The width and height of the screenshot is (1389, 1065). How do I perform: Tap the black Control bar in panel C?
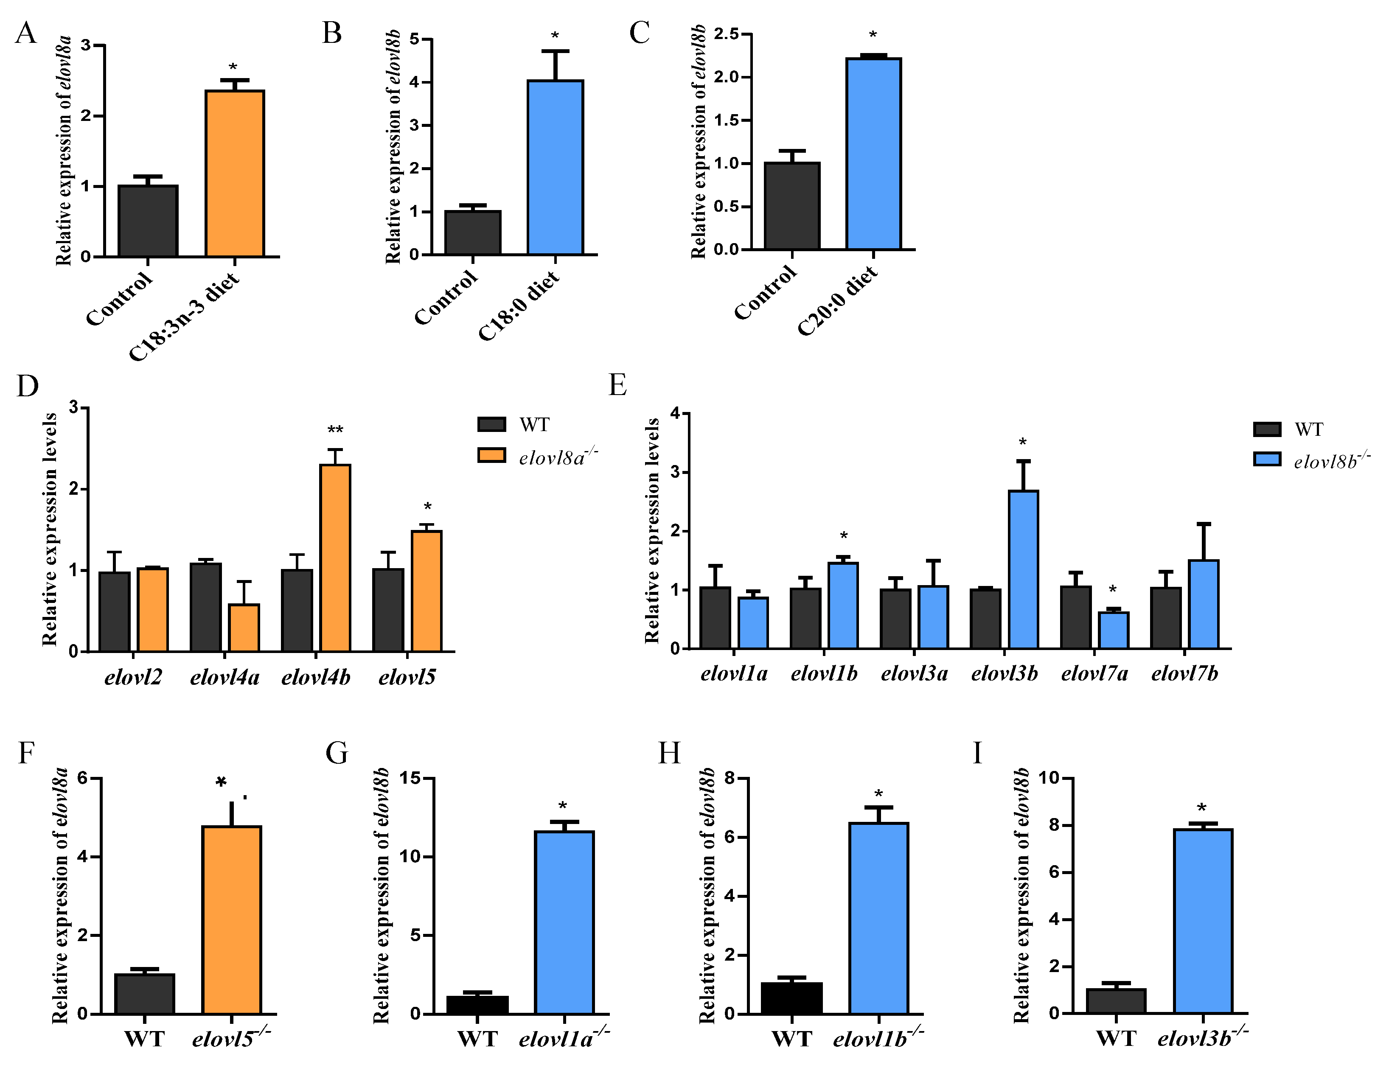(792, 206)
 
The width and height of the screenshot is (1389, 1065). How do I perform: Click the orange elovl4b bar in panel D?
(335, 558)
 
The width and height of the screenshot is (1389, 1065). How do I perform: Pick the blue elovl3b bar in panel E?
(1023, 569)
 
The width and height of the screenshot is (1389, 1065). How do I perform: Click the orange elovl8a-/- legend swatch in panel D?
(491, 455)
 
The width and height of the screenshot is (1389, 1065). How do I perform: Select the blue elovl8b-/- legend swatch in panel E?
(1267, 459)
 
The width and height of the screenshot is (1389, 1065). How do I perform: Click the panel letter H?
(669, 754)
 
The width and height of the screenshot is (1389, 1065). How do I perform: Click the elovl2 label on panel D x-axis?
(133, 678)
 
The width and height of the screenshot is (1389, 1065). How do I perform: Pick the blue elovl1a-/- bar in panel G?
(564, 922)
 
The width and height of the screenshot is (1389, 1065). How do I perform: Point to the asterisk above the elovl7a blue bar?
(1113, 590)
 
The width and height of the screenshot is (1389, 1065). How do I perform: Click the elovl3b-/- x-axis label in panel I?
(1202, 1038)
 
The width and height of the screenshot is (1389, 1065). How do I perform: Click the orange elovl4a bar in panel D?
(244, 628)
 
